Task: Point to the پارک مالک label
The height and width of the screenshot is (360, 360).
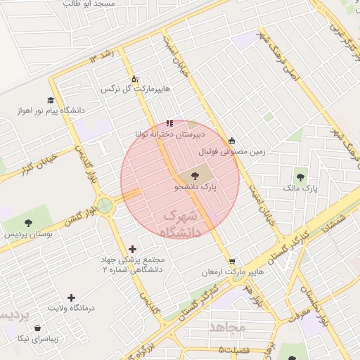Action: tap(301, 188)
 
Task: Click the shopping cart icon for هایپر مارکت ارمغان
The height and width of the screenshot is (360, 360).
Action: tap(231, 259)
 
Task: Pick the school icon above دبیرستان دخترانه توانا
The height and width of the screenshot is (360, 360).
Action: tap(169, 123)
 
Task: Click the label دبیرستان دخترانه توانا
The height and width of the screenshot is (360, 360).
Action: tap(170, 134)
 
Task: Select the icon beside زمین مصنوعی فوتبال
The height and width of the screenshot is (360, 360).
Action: tap(232, 139)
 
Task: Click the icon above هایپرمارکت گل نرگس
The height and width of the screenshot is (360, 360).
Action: tap(135, 78)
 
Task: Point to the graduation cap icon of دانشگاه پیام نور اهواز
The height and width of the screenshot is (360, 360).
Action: tap(50, 100)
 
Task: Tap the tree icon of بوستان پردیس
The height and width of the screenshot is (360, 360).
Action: tap(28, 222)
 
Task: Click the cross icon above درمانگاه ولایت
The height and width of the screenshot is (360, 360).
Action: tap(71, 297)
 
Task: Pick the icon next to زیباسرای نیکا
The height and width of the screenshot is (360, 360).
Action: tap(37, 327)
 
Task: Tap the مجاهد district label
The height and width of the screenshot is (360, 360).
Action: tap(227, 327)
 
